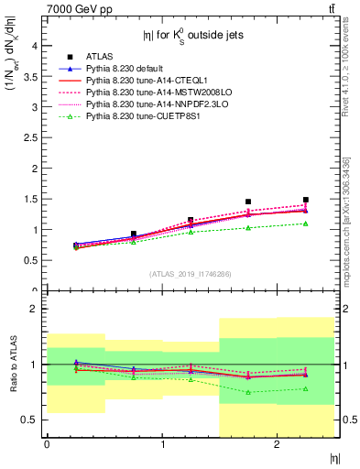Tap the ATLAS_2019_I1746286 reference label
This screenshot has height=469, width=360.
click(191, 274)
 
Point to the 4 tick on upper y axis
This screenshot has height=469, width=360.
click(37, 45)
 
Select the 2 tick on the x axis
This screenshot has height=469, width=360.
click(277, 445)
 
